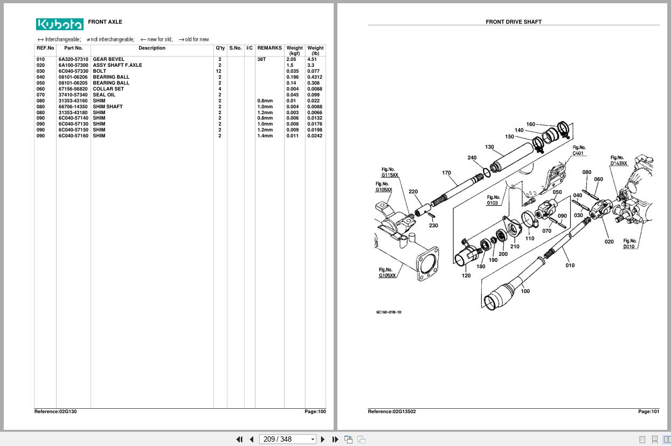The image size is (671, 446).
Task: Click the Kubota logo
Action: tap(60, 24)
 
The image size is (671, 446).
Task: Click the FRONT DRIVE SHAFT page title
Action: tap(513, 22)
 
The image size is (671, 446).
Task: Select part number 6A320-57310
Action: tap(73, 59)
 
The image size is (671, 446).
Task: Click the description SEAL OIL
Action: tap(104, 95)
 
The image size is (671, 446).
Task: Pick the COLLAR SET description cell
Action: tap(108, 89)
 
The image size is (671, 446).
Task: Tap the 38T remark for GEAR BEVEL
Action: tap(261, 59)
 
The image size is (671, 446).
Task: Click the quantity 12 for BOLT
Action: tap(219, 71)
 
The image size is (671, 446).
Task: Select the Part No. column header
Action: tap(73, 48)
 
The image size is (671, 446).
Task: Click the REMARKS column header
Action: tap(269, 48)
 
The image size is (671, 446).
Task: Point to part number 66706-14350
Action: tap(73, 107)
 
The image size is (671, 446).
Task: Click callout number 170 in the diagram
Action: tap(446, 173)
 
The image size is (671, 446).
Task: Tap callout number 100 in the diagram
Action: tap(525, 291)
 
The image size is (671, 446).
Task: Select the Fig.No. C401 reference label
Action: tap(578, 150)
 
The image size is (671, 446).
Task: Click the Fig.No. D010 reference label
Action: tap(629, 244)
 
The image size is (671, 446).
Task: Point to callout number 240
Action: tap(472, 158)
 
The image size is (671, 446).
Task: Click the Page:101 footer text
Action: tap(648, 412)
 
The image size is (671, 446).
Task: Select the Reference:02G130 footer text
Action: tap(56, 412)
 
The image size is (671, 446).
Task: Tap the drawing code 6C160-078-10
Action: tap(389, 312)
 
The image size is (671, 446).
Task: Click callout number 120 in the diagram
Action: tap(466, 276)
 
